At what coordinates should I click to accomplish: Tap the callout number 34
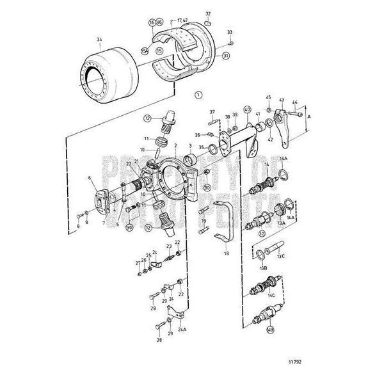[99, 40]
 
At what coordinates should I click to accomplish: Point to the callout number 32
[208, 13]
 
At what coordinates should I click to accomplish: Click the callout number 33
[230, 31]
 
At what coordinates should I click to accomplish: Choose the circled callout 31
[225, 56]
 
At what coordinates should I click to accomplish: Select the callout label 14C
[271, 296]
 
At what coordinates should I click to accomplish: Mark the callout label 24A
[182, 330]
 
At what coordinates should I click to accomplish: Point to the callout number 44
[294, 102]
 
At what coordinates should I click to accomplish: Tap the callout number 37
[212, 111]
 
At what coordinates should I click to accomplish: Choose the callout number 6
[90, 179]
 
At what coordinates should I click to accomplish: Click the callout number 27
[137, 263]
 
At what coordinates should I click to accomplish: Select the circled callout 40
[247, 110]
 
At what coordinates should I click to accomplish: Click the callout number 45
[269, 97]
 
